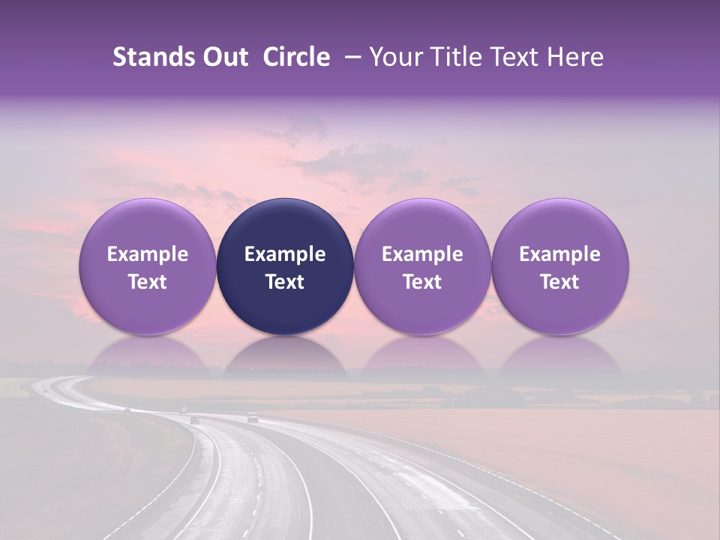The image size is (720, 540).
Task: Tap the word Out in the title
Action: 224,57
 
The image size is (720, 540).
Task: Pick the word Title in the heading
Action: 454,57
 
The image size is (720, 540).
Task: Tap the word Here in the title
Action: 575,57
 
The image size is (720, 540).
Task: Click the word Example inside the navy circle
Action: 285,254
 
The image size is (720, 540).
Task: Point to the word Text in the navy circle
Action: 285,282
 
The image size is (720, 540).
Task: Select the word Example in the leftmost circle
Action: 148,254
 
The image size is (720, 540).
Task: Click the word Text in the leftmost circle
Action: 148,282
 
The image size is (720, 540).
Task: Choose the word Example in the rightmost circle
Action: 560,254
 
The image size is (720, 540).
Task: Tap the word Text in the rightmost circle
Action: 560,282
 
